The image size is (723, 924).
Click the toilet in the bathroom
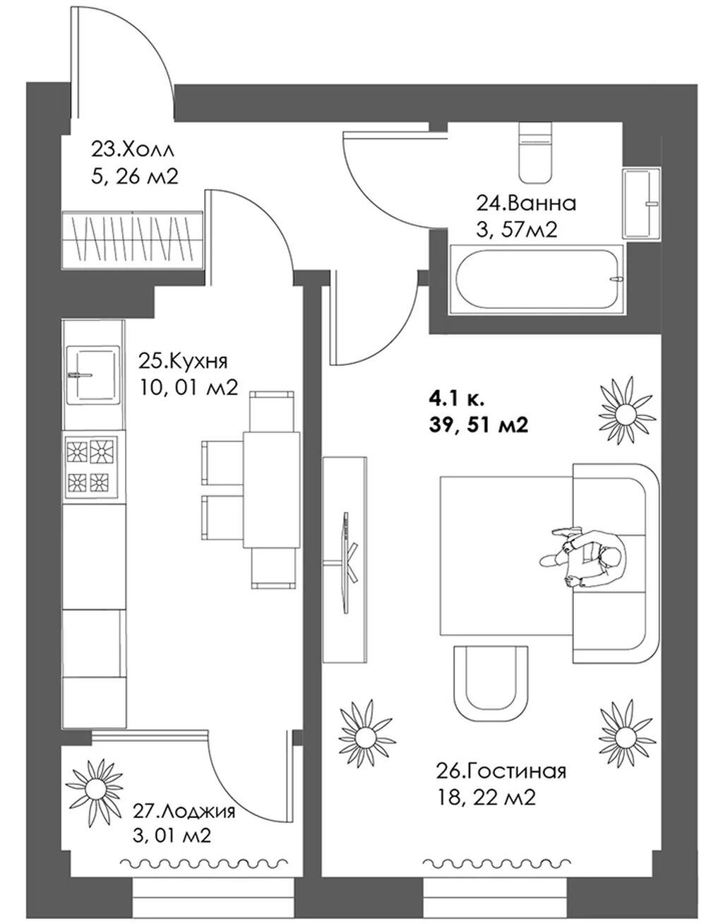click(x=536, y=153)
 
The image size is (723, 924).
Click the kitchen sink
click(x=92, y=374)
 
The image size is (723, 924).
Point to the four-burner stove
click(x=91, y=468)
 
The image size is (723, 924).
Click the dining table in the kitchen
click(x=271, y=490)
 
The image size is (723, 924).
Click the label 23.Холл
click(x=133, y=150)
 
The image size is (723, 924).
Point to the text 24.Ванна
click(x=526, y=203)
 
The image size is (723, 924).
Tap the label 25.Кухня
click(x=183, y=361)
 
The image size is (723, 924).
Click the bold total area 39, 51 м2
click(x=479, y=425)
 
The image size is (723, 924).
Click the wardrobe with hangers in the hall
click(x=133, y=240)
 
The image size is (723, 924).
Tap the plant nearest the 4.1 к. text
click(x=625, y=408)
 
